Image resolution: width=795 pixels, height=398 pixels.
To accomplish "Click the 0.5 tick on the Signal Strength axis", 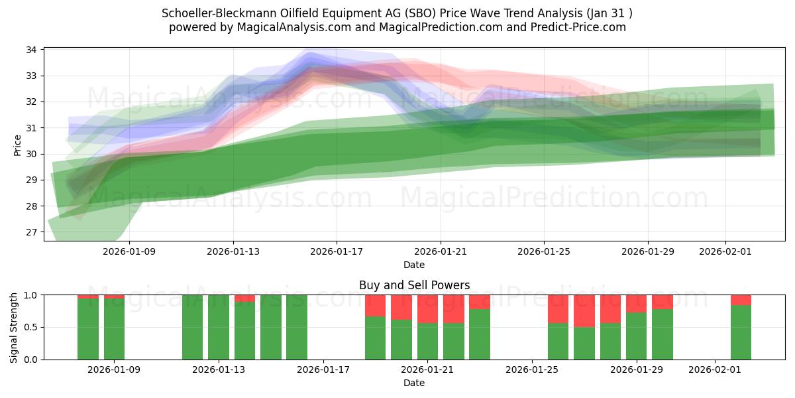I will (32, 328).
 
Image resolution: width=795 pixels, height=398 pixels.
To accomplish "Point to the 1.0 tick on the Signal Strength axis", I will (32, 295).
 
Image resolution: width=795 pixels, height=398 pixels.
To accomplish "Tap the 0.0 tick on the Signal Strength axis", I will (32, 360).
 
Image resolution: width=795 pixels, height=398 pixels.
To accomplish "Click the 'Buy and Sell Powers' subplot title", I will (414, 285).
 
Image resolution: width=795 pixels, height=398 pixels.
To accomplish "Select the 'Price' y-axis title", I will (17, 145).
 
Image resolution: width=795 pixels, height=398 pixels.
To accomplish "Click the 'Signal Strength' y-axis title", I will (14, 327).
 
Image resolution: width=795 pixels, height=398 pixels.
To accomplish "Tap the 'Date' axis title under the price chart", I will (414, 265).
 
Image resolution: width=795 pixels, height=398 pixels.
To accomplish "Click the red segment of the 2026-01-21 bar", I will (427, 308).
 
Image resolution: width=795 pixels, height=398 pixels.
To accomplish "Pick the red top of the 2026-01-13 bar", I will (244, 298).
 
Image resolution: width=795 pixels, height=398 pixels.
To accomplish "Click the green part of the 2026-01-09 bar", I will (114, 329).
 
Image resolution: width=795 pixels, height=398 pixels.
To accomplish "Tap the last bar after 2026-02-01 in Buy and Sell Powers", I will (741, 332).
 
